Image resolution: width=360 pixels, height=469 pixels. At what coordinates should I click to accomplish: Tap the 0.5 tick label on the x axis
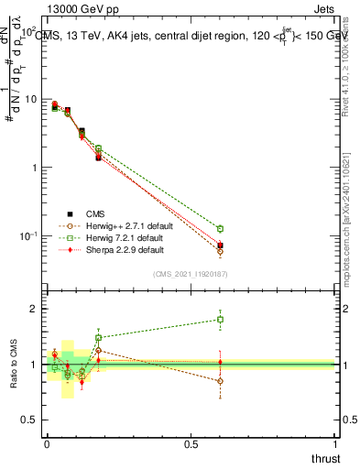191,443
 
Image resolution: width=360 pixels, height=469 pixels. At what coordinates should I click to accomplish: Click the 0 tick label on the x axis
47,443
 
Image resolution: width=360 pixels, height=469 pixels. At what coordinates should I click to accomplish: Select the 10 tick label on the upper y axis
29,99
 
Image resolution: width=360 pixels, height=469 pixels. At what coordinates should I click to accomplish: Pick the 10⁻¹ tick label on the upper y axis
27,236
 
